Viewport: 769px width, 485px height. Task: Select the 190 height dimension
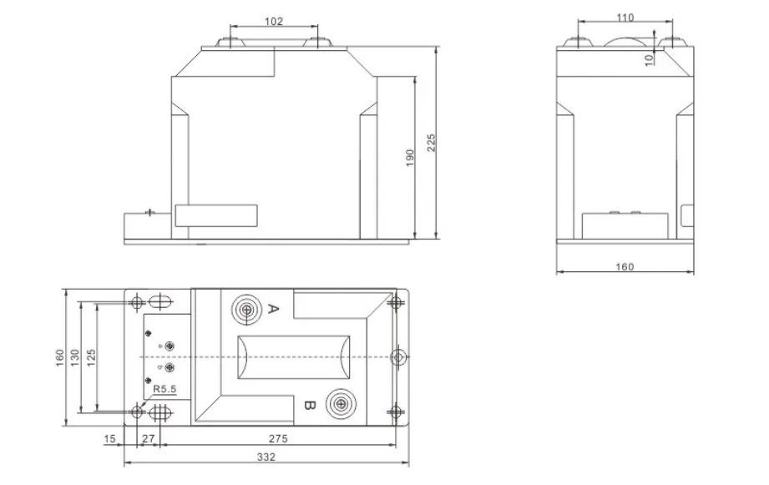pos(409,158)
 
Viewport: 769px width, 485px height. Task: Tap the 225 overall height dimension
pos(431,143)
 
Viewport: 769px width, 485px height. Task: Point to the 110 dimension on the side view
pos(625,18)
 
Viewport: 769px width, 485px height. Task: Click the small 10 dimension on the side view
pos(650,58)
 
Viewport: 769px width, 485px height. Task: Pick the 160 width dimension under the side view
pos(625,267)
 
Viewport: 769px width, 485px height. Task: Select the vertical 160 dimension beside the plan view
pos(60,356)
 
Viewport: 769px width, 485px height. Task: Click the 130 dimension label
pos(75,356)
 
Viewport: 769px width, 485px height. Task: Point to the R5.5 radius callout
pos(164,388)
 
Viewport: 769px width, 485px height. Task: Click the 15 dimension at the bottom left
pos(110,438)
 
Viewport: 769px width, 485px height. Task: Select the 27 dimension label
pos(149,438)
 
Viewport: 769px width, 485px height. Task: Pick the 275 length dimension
pos(278,438)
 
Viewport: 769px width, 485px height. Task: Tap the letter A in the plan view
pos(274,311)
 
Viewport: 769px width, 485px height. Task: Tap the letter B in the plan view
pos(307,406)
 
